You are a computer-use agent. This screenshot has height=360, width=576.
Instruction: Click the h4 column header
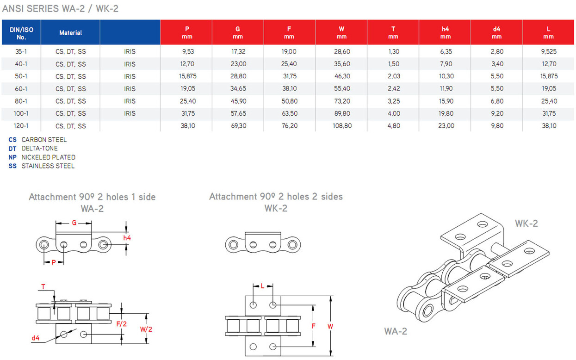point(445,32)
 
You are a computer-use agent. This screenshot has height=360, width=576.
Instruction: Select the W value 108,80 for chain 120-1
point(342,126)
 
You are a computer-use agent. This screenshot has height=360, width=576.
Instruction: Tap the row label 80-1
point(21,101)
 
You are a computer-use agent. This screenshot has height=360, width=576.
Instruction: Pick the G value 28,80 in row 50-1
point(238,76)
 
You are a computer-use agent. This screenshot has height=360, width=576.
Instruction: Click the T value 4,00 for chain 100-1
point(394,113)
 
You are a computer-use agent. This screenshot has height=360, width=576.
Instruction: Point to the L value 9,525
point(549,51)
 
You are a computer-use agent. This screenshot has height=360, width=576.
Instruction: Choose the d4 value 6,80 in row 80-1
point(497,101)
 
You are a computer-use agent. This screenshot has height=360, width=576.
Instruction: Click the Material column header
point(70,33)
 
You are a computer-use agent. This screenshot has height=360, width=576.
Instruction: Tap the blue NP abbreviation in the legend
point(12,157)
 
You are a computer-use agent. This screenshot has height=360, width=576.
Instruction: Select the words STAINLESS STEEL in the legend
point(48,166)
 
